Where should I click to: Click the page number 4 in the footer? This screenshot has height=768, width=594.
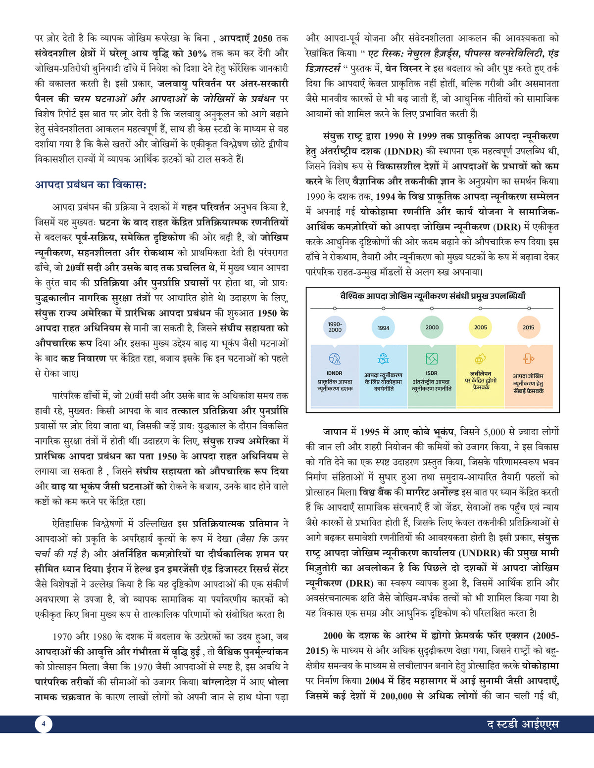point(44,724)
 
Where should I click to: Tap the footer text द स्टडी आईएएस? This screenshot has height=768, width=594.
point(523,724)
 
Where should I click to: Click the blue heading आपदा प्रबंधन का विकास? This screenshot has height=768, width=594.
point(91,185)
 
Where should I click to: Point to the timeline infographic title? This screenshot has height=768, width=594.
point(433,296)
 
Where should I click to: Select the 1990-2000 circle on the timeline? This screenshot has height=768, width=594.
point(335,327)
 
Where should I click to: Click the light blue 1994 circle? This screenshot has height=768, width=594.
point(383,327)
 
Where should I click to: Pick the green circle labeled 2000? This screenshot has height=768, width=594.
point(432,327)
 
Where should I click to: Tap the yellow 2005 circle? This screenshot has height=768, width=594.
point(480,327)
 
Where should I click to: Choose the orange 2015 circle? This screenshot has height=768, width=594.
point(528,327)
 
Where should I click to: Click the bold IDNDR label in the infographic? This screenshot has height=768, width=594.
point(335,373)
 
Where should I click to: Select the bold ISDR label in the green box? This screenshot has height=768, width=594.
point(432,373)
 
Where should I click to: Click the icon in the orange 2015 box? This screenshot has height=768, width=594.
point(528,359)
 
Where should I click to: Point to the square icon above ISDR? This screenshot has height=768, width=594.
point(432,359)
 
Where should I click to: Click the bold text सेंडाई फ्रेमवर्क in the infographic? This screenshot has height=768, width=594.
point(528,391)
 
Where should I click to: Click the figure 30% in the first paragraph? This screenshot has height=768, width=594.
point(197,53)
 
